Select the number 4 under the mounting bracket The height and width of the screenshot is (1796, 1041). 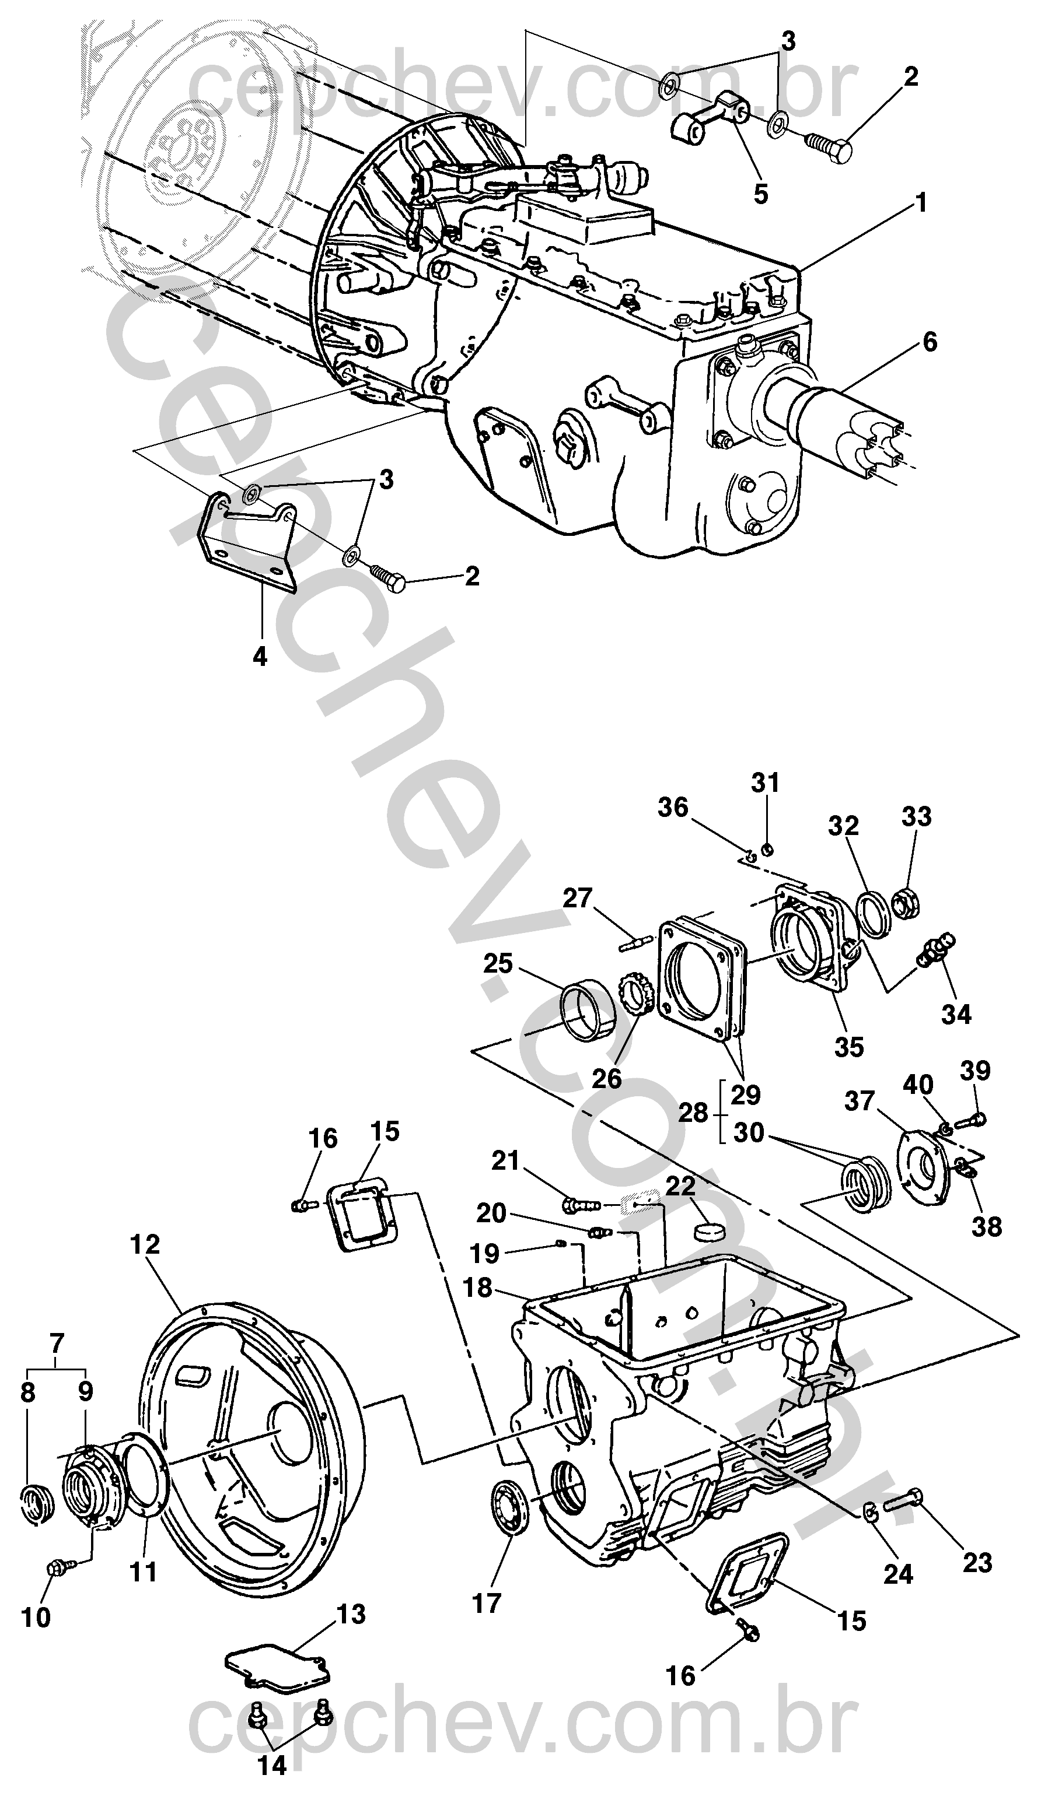260,655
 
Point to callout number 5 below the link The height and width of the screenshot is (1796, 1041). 761,193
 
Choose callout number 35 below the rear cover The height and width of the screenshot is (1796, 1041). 848,1046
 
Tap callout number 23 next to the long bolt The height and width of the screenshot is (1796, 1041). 977,1562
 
